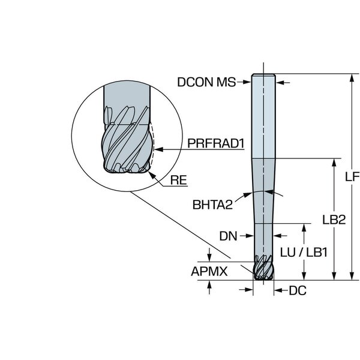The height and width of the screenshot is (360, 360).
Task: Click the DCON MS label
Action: pyautogui.click(x=206, y=82)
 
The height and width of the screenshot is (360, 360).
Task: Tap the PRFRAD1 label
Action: pyautogui.click(x=216, y=143)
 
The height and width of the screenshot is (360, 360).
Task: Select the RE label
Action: pyautogui.click(x=178, y=180)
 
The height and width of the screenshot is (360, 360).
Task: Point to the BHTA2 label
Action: pyautogui.click(x=212, y=205)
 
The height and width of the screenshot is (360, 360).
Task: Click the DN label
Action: pyautogui.click(x=228, y=236)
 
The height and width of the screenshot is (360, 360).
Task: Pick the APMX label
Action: pyautogui.click(x=209, y=271)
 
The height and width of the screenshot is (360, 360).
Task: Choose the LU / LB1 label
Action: pyautogui.click(x=304, y=253)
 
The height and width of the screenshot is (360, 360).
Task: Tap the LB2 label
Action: pyautogui.click(x=334, y=220)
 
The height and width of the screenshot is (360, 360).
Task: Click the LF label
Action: pyautogui.click(x=352, y=176)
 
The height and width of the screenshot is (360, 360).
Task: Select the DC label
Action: pyautogui.click(x=298, y=290)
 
